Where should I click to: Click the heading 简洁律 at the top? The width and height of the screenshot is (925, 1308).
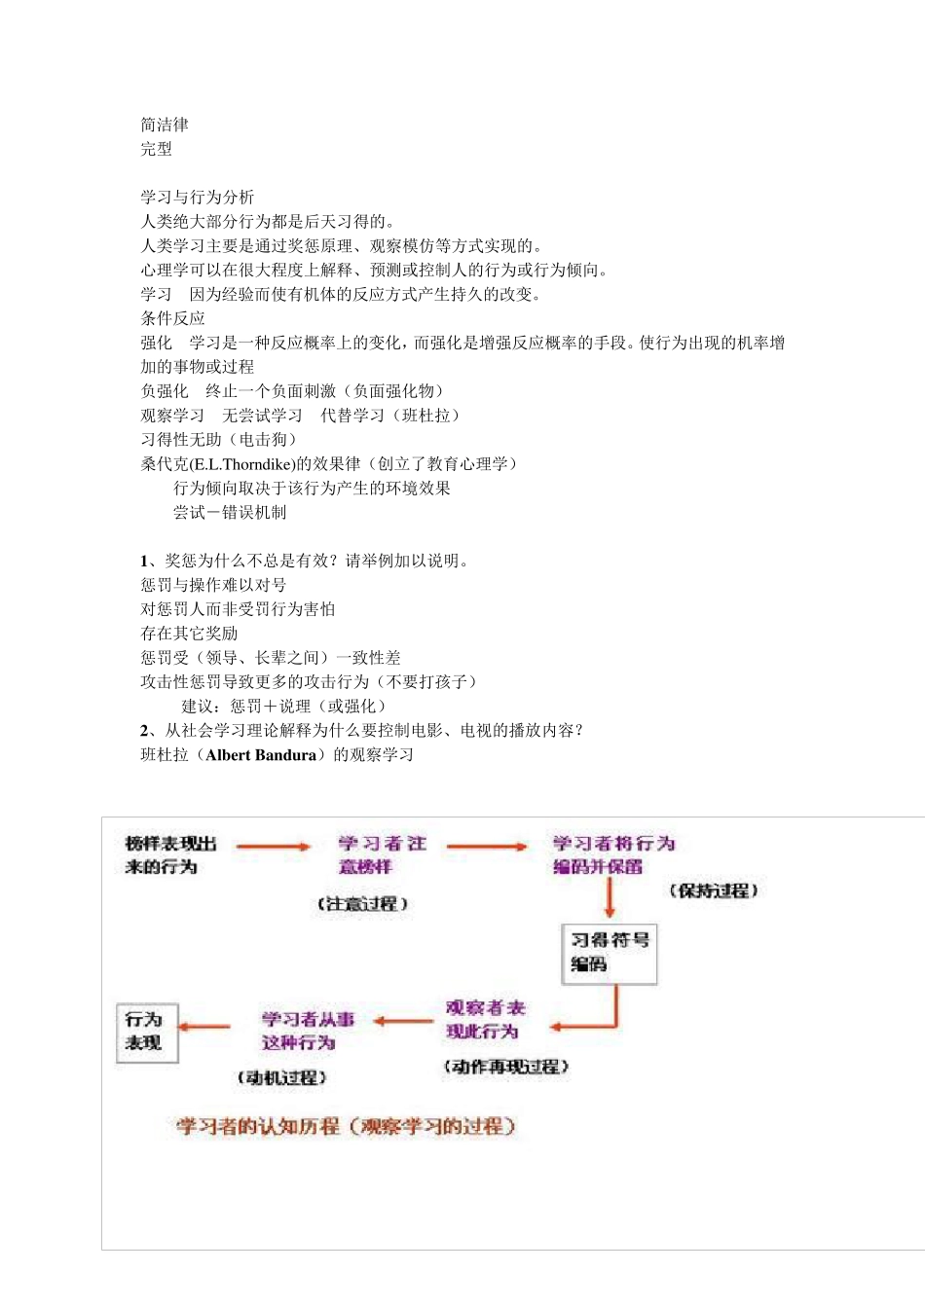(x=165, y=125)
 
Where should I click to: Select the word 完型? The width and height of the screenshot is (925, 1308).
(x=156, y=149)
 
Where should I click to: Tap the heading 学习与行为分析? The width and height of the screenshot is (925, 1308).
(x=197, y=198)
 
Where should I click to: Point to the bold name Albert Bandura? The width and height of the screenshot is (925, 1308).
(x=261, y=755)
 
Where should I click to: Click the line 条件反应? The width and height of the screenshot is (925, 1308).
(x=172, y=318)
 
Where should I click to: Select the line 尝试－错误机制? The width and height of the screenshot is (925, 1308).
(x=230, y=513)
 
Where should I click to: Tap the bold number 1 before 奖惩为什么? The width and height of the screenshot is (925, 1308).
(x=145, y=561)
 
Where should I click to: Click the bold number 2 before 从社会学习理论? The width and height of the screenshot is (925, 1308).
(x=145, y=731)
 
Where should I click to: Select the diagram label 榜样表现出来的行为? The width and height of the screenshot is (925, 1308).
(x=170, y=854)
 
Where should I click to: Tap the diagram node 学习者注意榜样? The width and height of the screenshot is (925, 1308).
(x=381, y=854)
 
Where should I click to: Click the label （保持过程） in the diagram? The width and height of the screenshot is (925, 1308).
(x=713, y=890)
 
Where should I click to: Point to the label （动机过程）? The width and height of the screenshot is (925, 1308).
(x=281, y=1077)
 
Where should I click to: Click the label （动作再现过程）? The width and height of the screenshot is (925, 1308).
(x=505, y=1067)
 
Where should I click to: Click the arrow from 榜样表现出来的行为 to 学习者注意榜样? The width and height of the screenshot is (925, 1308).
(x=273, y=847)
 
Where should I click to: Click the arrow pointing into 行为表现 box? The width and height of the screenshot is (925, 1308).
(x=204, y=1026)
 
